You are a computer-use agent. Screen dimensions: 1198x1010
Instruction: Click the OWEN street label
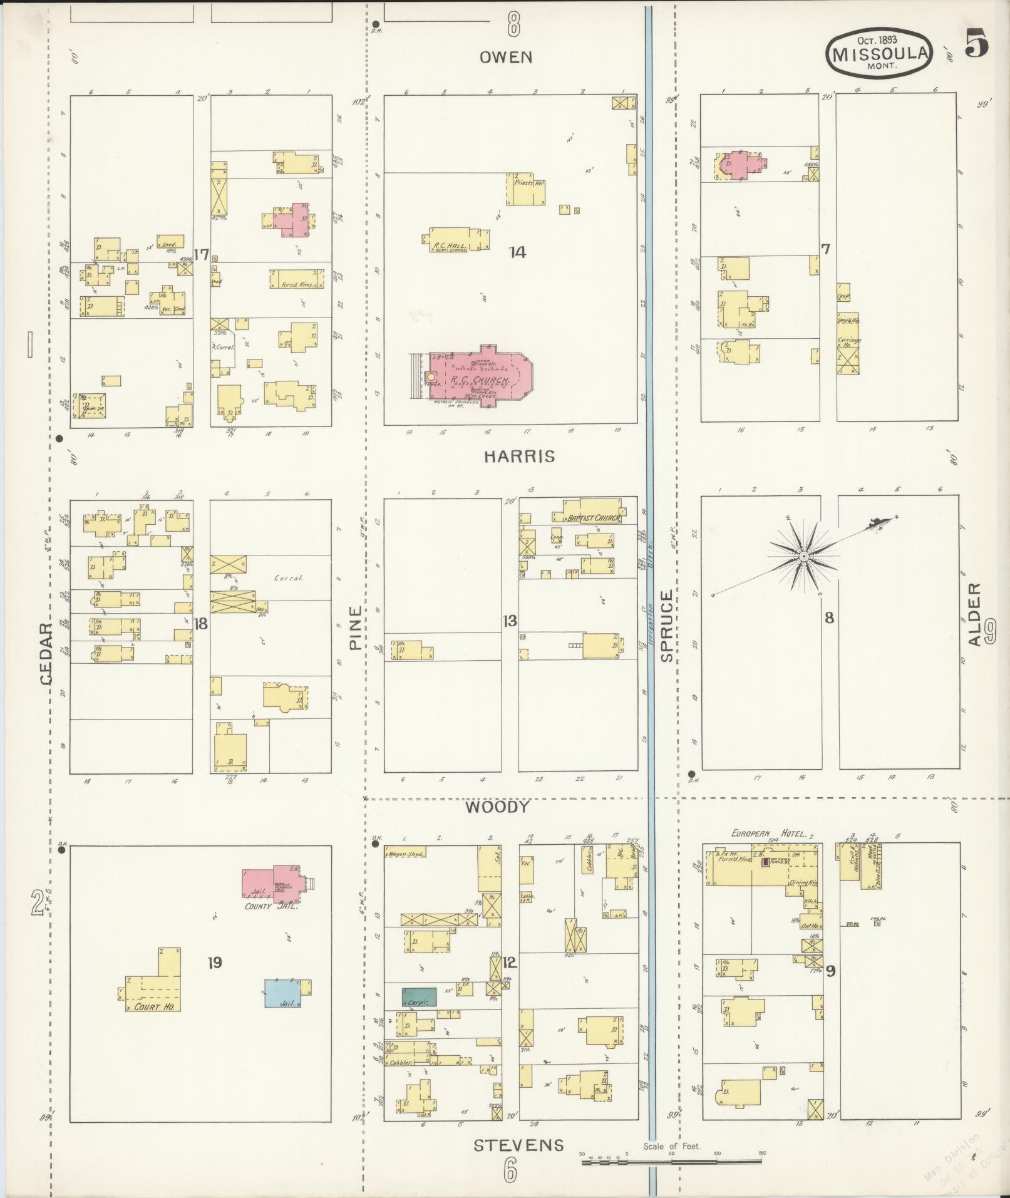pos(506,58)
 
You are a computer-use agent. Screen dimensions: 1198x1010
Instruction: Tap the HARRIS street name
pos(519,457)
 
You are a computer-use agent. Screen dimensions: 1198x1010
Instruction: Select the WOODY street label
pos(497,807)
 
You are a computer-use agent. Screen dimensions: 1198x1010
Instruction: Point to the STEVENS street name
pos(519,1146)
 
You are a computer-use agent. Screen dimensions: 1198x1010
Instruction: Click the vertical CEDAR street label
pos(46,654)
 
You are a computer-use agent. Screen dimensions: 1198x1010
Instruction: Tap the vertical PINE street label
pos(356,627)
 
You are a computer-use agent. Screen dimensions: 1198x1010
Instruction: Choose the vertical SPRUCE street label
pos(666,626)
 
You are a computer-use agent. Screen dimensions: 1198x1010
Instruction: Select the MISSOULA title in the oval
pos(879,53)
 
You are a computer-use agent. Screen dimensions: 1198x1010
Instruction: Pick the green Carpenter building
pos(419,998)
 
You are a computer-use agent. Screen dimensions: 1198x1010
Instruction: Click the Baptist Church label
pos(593,518)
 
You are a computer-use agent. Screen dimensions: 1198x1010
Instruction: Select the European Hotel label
pos(761,834)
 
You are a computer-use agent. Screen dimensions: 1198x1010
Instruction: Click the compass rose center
pos(802,556)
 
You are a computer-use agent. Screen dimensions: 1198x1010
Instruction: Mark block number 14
pos(517,252)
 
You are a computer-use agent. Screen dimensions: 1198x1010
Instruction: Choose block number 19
pos(215,963)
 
